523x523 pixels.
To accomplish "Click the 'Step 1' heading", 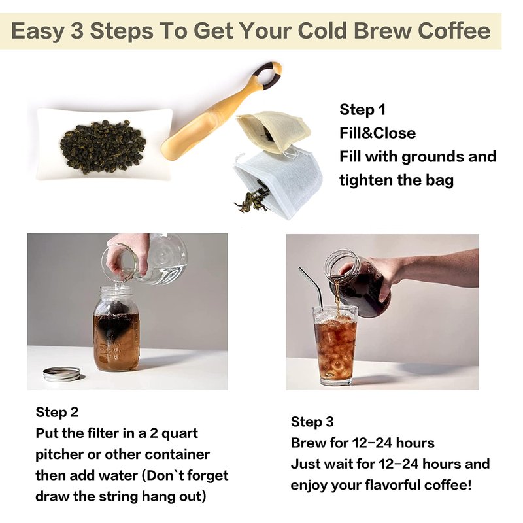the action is click(362, 110).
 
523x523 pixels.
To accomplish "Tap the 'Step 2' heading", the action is click(57, 413).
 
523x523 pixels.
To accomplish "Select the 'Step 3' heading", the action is click(312, 422).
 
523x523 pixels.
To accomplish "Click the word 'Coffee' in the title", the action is click(454, 31).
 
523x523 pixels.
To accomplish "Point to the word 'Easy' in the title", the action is click(37, 31).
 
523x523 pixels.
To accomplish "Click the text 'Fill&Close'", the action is click(378, 133).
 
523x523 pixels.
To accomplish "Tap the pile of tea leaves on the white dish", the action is click(103, 146).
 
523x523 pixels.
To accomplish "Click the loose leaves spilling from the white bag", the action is click(252, 200).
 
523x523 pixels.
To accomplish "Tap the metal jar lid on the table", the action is click(62, 374).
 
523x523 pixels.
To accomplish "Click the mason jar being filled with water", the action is click(116, 329).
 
